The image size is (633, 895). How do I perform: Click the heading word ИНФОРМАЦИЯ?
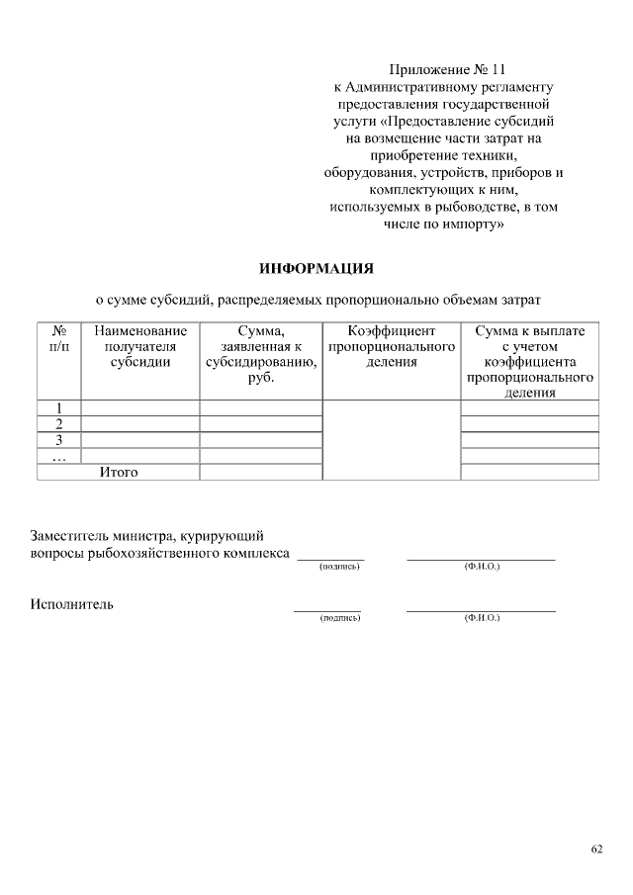(316, 268)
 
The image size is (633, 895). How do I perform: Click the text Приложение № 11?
(448, 70)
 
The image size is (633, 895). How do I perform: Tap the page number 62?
(596, 849)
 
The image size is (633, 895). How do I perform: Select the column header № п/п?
(58, 339)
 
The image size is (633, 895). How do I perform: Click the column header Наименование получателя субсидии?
(139, 347)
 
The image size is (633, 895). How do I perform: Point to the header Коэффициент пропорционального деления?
(391, 347)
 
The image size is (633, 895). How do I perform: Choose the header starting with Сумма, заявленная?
(260, 354)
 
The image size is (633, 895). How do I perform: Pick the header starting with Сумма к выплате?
(529, 362)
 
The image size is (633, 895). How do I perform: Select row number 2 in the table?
(58, 424)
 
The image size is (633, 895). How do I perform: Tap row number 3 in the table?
(58, 440)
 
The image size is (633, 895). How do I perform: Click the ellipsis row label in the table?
(58, 456)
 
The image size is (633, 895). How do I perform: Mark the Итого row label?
(119, 473)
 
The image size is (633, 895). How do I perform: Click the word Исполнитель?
(71, 603)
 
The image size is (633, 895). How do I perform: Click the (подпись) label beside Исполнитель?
(338, 618)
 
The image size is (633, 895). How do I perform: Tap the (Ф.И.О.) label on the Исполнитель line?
(482, 618)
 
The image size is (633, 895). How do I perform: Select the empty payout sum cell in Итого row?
(529, 473)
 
